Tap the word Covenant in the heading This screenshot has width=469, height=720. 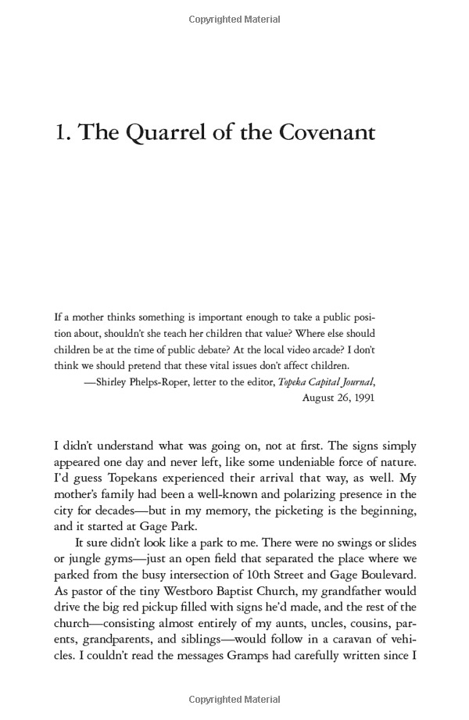pos(322,132)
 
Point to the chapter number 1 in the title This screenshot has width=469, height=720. pos(61,132)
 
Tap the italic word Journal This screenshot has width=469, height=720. pos(353,382)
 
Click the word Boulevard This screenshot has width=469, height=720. pos(384,575)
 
